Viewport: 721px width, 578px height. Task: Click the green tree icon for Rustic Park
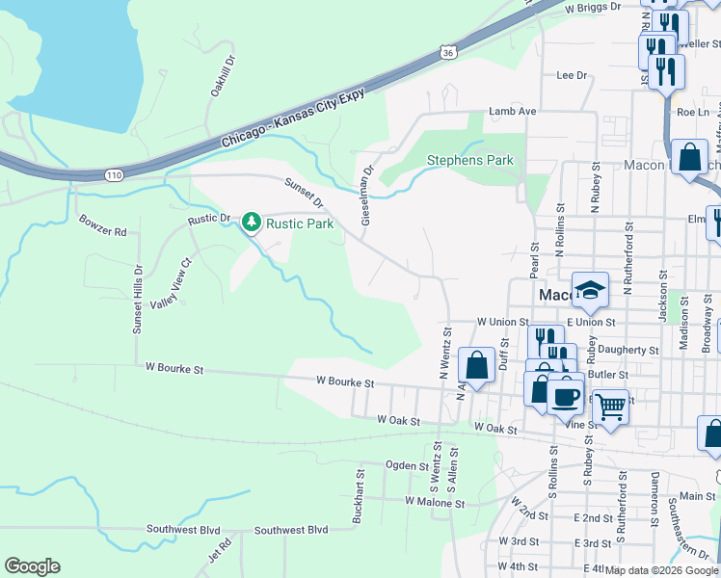coord(252,223)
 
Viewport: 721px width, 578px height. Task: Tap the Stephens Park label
coord(470,160)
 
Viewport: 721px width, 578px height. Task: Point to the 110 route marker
coord(114,175)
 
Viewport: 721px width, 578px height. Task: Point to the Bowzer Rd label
coord(102,232)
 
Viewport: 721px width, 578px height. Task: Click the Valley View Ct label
coord(173,284)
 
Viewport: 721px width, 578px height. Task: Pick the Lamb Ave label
coord(512,112)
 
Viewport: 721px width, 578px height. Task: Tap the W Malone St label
coord(435,502)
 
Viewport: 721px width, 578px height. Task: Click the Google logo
coord(32,566)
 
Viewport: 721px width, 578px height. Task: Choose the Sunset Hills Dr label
coord(137,300)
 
